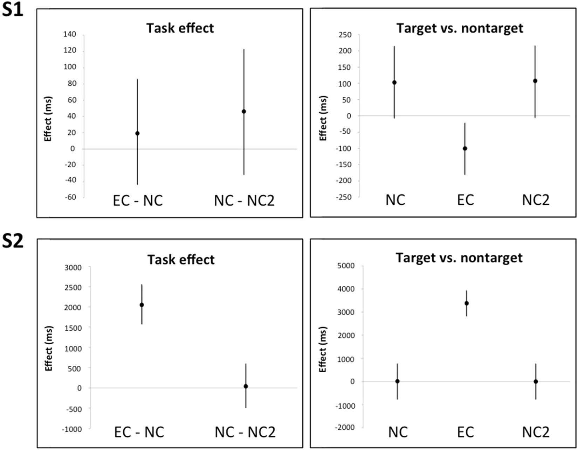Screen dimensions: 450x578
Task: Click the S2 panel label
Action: tap(13, 241)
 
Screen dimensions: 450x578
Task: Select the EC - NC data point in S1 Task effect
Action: tap(137, 133)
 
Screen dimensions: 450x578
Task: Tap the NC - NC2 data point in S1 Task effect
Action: tap(244, 112)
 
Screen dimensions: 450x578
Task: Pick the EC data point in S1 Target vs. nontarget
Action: tap(465, 149)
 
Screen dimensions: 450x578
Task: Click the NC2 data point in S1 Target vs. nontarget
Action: tap(535, 81)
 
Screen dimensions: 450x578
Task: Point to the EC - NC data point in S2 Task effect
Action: tap(142, 305)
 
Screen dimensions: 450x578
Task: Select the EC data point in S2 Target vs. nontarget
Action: tap(467, 303)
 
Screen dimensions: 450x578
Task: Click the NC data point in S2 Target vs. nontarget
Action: tap(397, 381)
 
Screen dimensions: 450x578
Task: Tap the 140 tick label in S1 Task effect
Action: tap(69, 34)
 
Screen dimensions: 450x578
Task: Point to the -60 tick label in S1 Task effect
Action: tap(70, 197)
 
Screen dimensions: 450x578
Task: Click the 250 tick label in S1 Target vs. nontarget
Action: tap(345, 35)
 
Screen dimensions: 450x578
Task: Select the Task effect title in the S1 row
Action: tap(180, 28)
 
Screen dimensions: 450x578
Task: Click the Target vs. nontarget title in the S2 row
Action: tap(459, 258)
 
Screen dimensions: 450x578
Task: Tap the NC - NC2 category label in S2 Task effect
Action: tap(245, 433)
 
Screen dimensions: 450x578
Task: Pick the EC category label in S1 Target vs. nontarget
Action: tap(466, 200)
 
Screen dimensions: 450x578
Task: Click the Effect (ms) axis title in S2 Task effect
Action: tap(49, 348)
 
